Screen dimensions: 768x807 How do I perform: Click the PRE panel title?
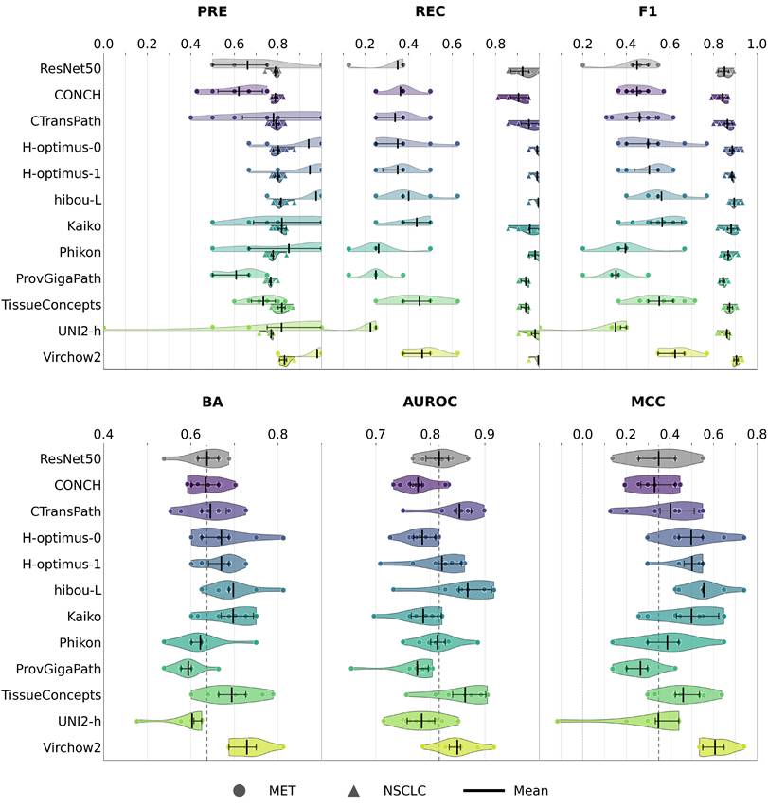tap(212, 11)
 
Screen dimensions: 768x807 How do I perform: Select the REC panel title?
tap(430, 11)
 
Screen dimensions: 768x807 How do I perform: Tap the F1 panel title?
tap(648, 11)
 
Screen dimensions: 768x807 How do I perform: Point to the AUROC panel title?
tap(430, 402)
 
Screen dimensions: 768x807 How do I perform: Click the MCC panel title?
tap(648, 402)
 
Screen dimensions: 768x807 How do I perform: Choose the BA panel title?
tap(212, 402)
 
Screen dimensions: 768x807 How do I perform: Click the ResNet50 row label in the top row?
tap(70, 68)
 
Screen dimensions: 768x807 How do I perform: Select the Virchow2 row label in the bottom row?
tap(72, 747)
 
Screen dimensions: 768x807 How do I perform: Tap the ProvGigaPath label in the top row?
tap(59, 278)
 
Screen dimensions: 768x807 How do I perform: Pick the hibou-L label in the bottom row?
tap(78, 590)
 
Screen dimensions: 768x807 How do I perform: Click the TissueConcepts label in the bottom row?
tap(51, 695)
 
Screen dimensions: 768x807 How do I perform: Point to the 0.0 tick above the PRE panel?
tap(103, 44)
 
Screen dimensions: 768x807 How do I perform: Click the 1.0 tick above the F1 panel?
tap(757, 44)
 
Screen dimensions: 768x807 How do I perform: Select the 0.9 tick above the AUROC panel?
tap(485, 435)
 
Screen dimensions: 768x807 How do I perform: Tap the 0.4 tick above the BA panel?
tap(103, 435)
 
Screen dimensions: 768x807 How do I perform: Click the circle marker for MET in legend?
tap(240, 791)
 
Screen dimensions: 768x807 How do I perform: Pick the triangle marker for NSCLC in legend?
tap(354, 791)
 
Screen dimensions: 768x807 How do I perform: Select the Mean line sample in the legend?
tap(484, 791)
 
